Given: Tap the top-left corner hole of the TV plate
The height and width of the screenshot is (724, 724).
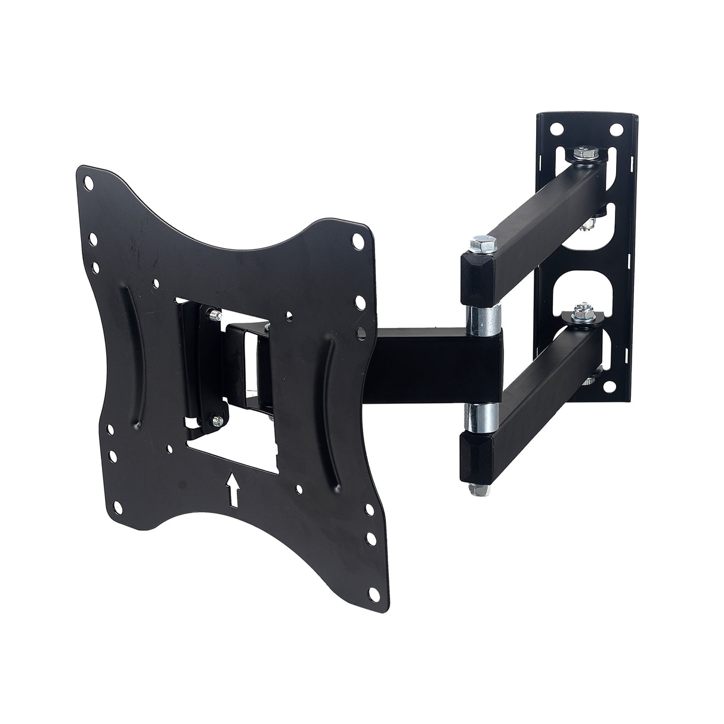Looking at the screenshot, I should pyautogui.click(x=88, y=180).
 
